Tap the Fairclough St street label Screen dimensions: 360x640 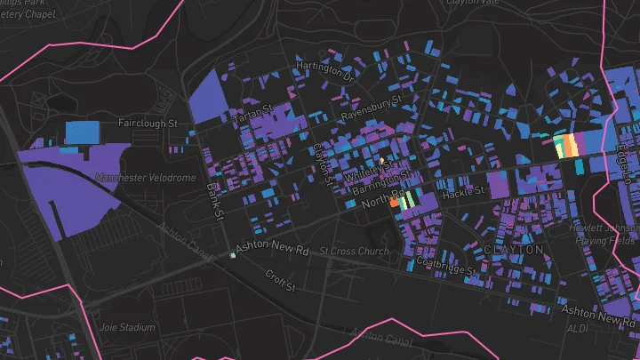[x=148, y=124]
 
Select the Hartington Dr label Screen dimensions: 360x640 [x=326, y=69]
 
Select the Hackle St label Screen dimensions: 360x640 [x=463, y=191]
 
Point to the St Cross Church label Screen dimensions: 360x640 [x=356, y=252]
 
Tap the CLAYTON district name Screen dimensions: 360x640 [x=514, y=251]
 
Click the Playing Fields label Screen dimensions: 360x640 [x=612, y=240]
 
